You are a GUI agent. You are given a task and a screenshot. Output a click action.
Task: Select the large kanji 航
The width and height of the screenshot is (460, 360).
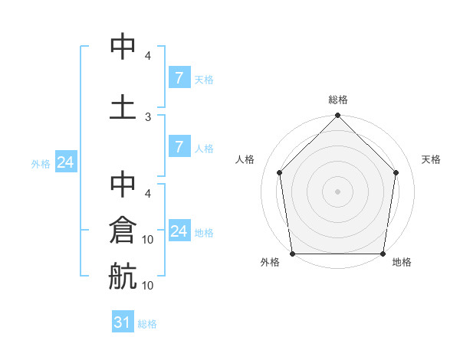click(123, 275)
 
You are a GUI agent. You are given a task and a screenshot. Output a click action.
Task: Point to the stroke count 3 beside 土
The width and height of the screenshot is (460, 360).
click(148, 116)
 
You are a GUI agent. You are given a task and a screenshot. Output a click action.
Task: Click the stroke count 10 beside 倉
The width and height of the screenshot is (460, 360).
click(148, 240)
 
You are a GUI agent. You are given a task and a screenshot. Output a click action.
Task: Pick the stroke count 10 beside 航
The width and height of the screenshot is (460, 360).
click(148, 286)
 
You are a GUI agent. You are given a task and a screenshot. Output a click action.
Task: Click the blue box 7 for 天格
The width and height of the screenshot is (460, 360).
click(178, 78)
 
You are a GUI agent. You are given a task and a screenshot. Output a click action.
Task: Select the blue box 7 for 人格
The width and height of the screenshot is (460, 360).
click(178, 147)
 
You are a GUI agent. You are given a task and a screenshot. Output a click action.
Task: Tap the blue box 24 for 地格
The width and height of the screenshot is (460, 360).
click(179, 231)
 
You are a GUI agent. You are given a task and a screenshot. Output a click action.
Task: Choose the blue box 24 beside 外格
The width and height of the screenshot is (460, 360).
click(65, 162)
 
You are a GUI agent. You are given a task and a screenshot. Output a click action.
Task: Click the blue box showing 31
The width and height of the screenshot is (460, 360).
click(123, 323)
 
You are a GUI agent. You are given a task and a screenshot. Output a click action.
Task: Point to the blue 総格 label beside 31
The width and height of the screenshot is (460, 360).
click(147, 324)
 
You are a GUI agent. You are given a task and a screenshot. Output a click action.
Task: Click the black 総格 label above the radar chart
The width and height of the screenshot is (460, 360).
click(338, 100)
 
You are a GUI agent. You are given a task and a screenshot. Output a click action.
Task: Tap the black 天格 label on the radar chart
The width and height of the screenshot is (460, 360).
click(432, 159)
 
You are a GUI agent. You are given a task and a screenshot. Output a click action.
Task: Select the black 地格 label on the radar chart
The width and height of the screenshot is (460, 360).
click(402, 262)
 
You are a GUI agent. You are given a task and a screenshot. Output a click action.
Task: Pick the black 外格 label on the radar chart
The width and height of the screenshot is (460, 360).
click(270, 262)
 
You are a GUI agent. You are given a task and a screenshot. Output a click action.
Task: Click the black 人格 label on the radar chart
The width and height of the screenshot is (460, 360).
click(245, 159)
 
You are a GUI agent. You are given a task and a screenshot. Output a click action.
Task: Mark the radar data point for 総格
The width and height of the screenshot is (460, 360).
click(338, 116)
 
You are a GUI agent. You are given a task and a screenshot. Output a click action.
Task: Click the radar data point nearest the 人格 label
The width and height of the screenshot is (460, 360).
click(280, 172)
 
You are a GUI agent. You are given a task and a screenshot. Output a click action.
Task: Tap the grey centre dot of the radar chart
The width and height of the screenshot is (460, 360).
click(338, 191)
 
